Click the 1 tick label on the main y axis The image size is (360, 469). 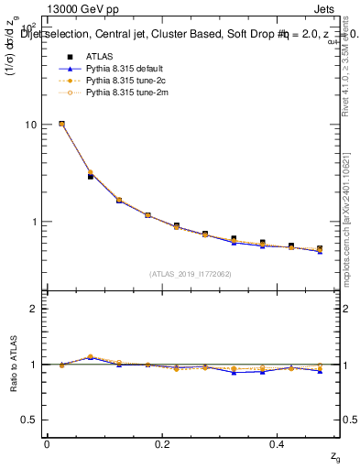click(35, 222)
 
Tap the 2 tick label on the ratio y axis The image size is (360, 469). click(35, 309)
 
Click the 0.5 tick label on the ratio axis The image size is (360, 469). click(30, 420)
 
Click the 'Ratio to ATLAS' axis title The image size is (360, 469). click(13, 364)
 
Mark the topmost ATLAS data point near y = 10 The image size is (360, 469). click(61, 124)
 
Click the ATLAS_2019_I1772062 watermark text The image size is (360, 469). click(191, 274)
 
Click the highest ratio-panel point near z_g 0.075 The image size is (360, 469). click(90, 356)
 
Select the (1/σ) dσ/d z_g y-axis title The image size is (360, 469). click(13, 55)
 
